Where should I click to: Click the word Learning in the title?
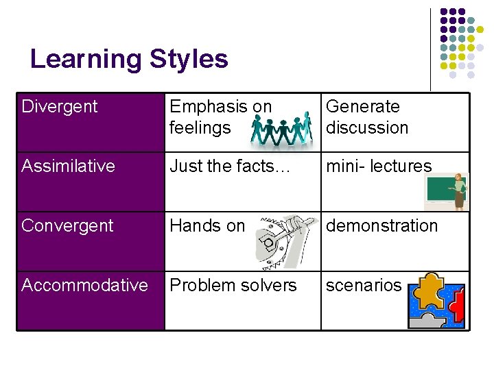78,60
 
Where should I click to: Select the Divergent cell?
60,107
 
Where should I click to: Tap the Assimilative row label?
68,166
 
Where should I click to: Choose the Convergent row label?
67,226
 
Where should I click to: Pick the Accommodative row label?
84,286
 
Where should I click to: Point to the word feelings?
200,128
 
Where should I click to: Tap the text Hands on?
207,226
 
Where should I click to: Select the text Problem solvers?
233,286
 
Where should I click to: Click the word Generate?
362,107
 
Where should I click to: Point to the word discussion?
366,128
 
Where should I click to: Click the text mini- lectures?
379,166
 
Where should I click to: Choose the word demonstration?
381,226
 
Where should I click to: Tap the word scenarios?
363,286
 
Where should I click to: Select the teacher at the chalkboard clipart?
446,191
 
